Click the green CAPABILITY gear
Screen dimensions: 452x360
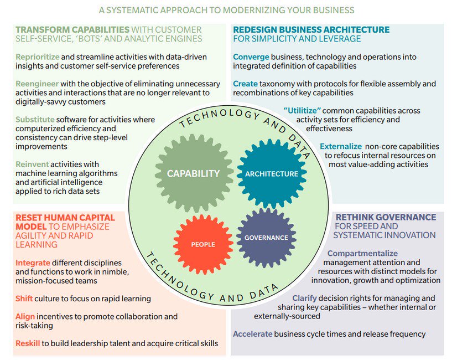click(x=193, y=173)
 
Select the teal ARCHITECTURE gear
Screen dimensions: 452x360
click(x=271, y=173)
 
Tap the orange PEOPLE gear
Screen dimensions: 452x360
click(x=203, y=244)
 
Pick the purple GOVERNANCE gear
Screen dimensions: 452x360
click(x=266, y=238)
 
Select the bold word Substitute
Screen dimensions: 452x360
click(x=35, y=119)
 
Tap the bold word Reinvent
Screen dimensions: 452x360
click(x=32, y=164)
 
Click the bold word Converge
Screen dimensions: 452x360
click(x=251, y=57)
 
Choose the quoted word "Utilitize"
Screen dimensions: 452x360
click(x=303, y=111)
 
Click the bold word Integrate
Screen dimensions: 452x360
click(x=33, y=263)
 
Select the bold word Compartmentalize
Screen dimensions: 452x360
click(x=362, y=253)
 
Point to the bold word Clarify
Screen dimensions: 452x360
click(x=304, y=298)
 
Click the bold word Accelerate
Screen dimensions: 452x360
click(x=252, y=334)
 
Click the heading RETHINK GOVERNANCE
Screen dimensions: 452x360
click(x=386, y=217)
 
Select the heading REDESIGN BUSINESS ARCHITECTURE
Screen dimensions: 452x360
click(x=311, y=29)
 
